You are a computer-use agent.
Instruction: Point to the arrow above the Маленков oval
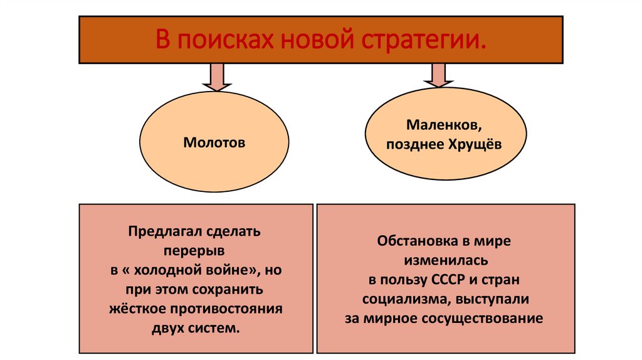click(437, 76)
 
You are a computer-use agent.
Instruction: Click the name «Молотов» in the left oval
click(214, 143)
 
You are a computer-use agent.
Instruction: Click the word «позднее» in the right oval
click(413, 144)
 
